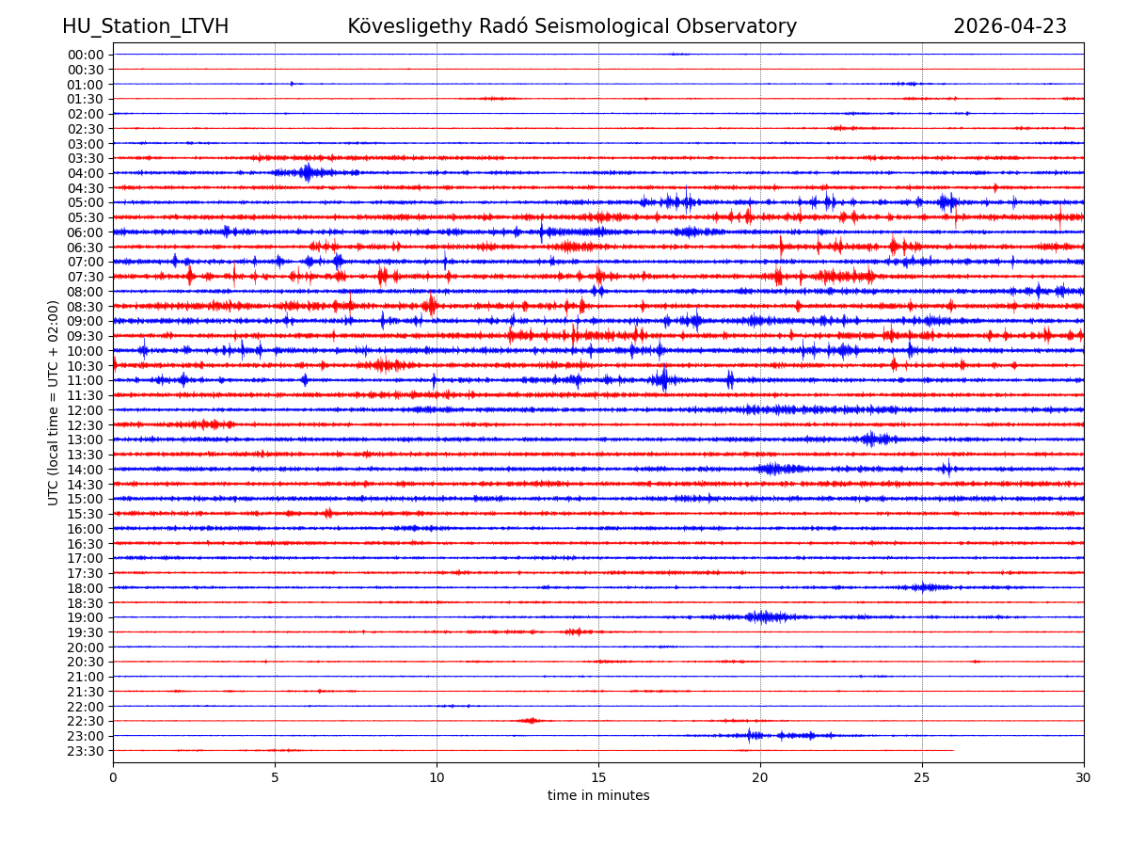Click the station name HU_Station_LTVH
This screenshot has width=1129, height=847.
coord(145,26)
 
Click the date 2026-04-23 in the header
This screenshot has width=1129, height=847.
coord(1010,26)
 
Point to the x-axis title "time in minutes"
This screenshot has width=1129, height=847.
coord(598,796)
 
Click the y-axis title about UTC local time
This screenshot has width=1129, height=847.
coord(54,402)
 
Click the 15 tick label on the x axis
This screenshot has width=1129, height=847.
coord(598,777)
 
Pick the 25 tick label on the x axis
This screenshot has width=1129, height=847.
coord(922,777)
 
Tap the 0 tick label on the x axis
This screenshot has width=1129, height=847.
coord(113,777)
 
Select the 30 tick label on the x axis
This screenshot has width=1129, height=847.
coord(1084,777)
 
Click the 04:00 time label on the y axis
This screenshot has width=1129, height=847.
coord(86,173)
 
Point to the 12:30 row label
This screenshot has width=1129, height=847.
coord(86,425)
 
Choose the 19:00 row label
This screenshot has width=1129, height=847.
coord(86,617)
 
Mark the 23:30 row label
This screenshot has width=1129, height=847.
coord(86,751)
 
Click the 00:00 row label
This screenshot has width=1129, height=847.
coord(86,55)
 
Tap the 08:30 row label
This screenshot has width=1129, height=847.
coord(86,307)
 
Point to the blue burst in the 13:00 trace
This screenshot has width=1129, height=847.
coord(872,439)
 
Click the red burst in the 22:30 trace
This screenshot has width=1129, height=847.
coord(531,721)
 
